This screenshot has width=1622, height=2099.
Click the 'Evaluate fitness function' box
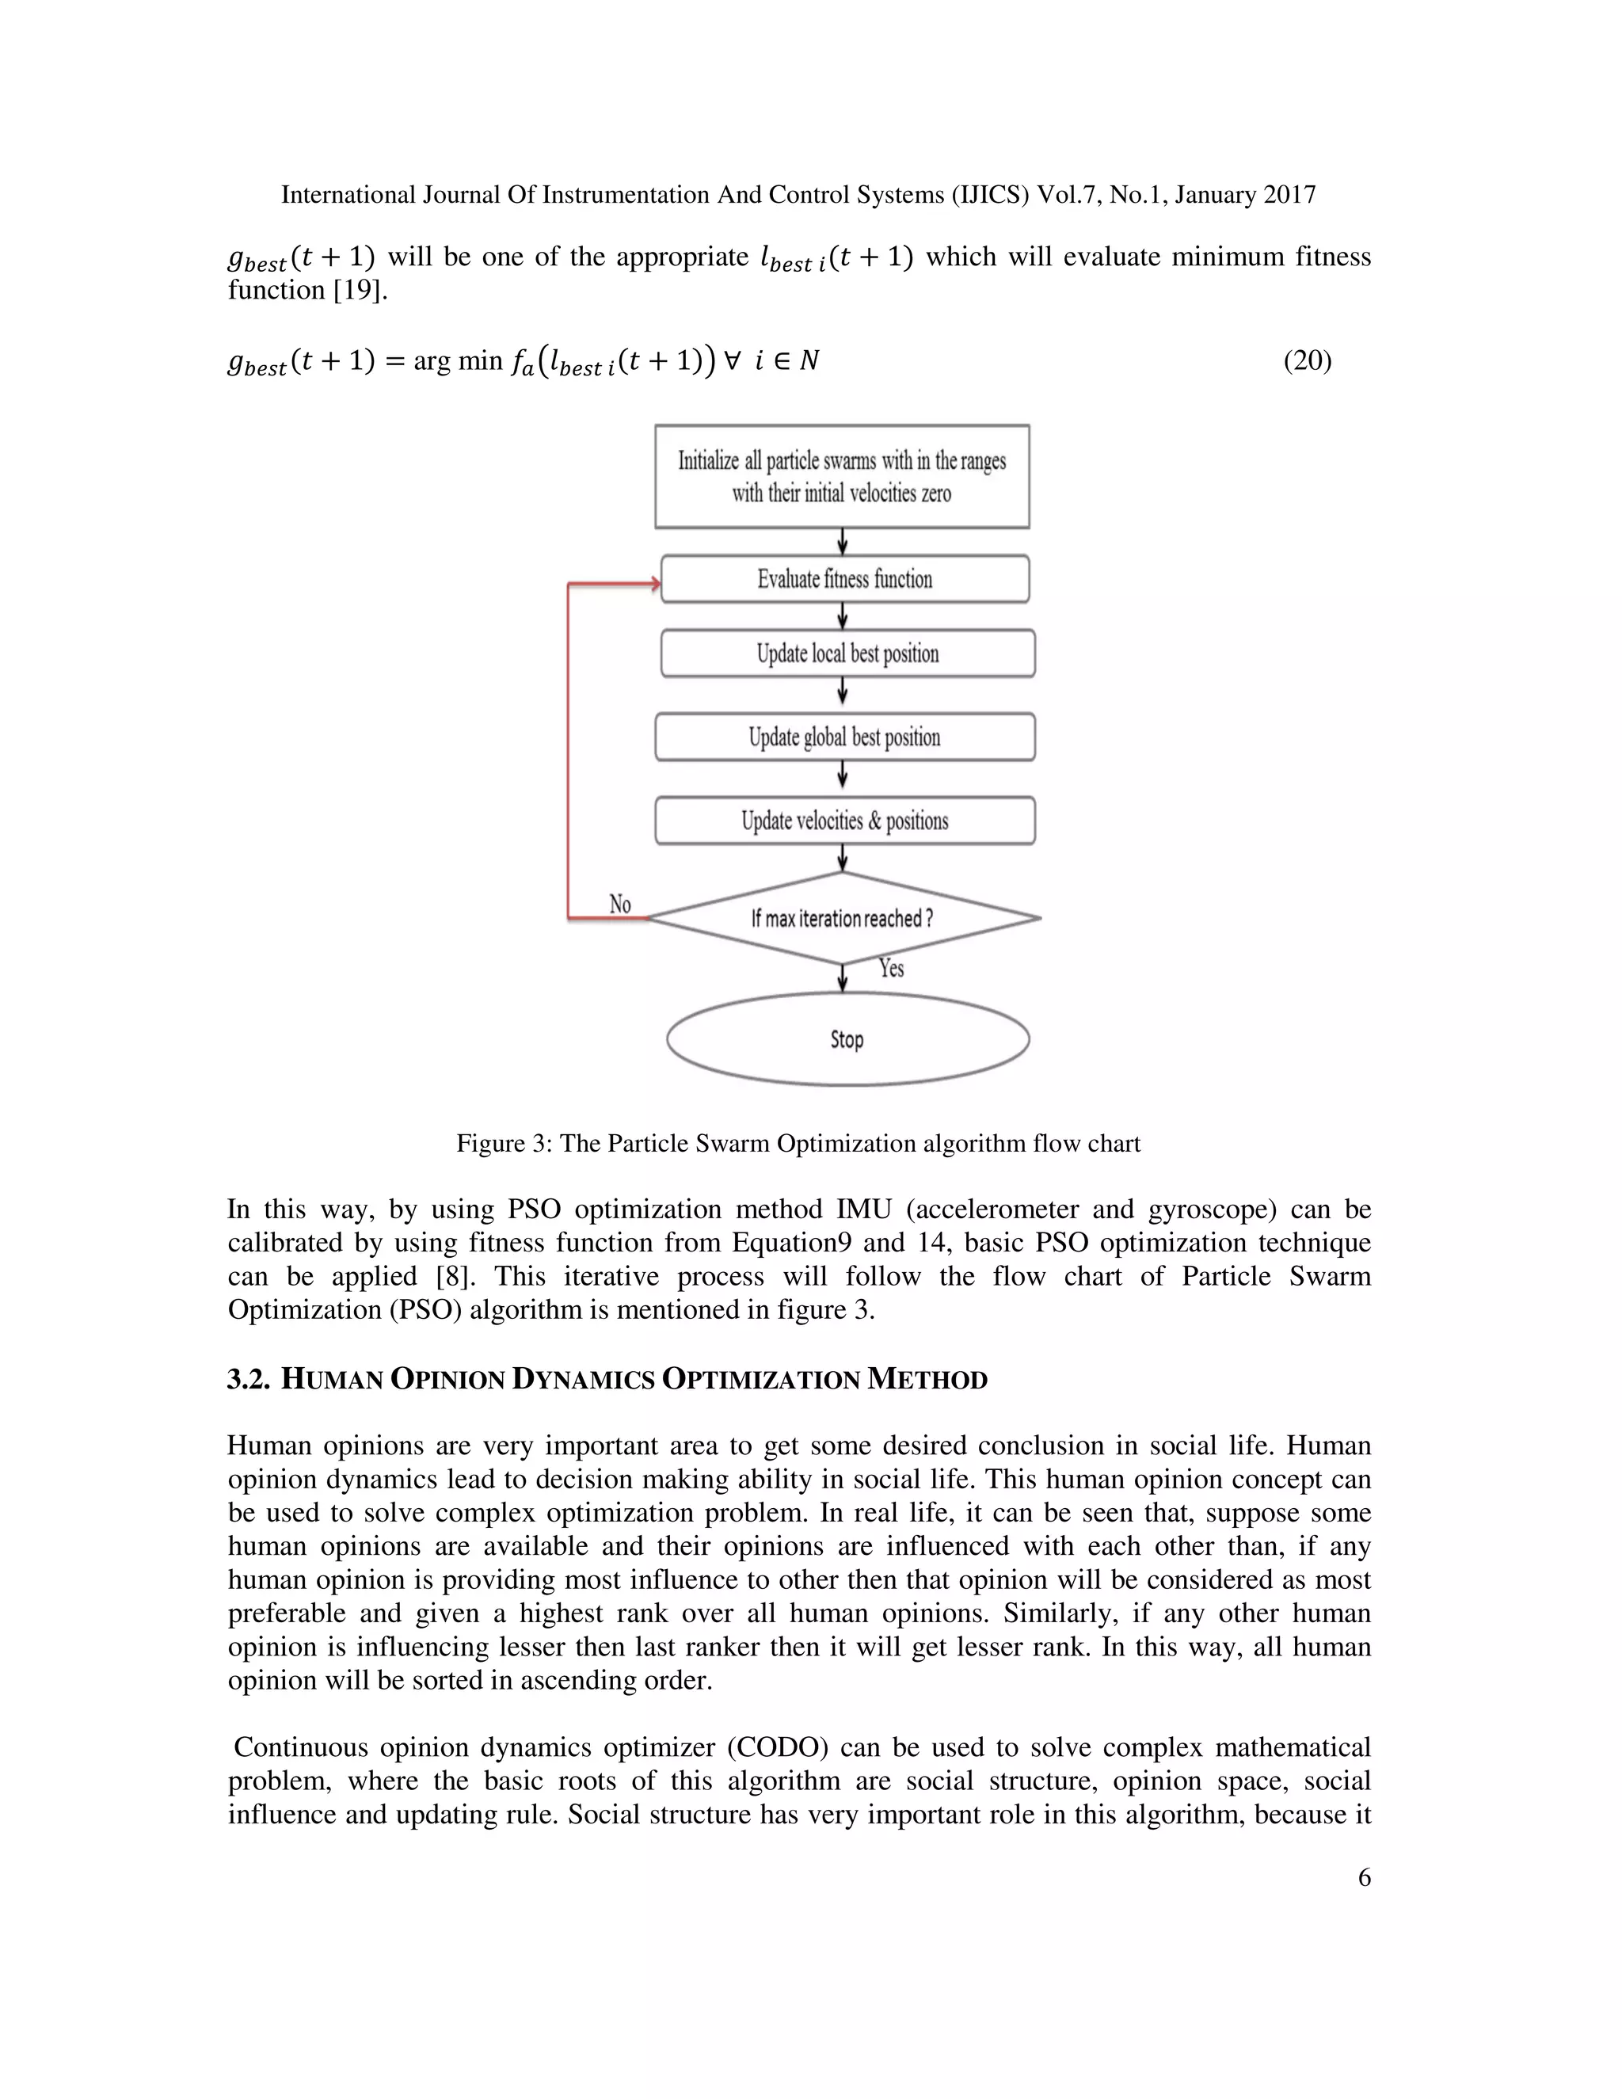click(x=844, y=578)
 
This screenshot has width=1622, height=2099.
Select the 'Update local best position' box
click(x=847, y=653)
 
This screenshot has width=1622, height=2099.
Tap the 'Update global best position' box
click(x=844, y=737)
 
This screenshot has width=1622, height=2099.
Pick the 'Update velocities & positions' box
click(x=844, y=821)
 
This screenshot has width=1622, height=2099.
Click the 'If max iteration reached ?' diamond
click(x=842, y=918)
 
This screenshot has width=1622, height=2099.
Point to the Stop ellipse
click(x=847, y=1039)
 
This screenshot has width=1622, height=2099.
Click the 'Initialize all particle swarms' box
click(x=842, y=477)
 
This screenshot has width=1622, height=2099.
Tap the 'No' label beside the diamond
click(x=620, y=905)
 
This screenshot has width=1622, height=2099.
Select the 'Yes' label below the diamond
click(x=891, y=968)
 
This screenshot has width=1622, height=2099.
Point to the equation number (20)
click(x=1307, y=360)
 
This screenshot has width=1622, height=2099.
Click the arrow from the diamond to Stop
click(x=843, y=978)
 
